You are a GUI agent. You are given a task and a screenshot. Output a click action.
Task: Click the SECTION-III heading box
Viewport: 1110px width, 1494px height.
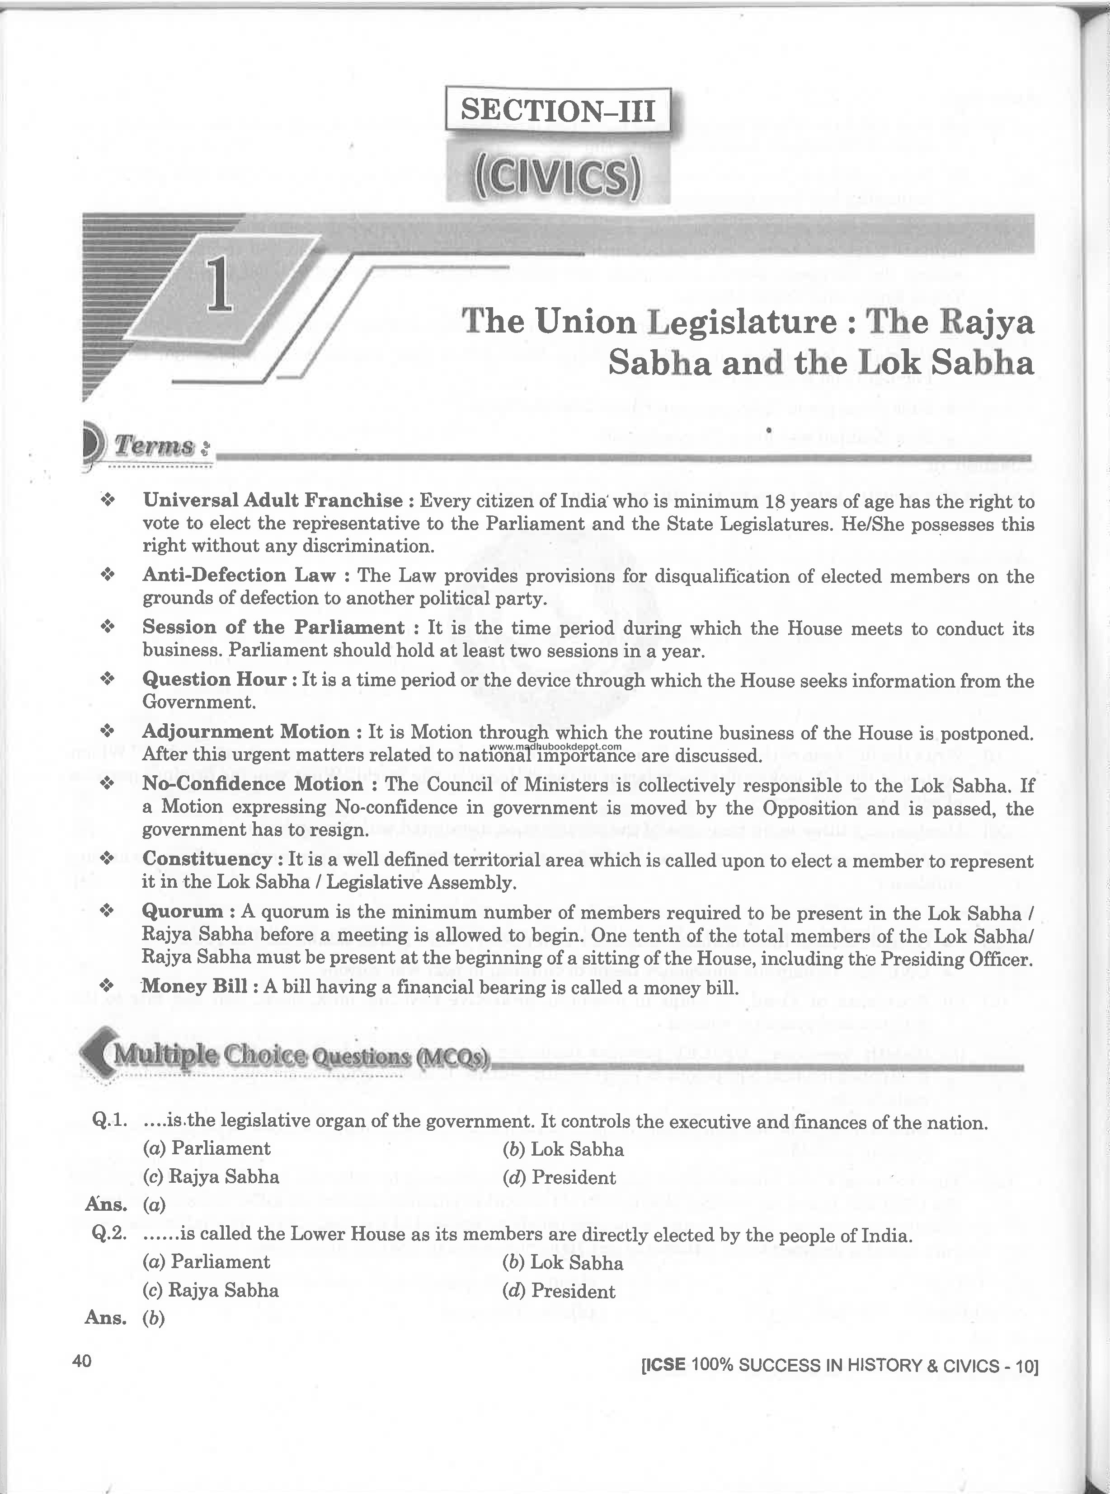point(558,109)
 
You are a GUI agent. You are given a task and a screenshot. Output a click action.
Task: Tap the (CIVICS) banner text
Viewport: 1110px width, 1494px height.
point(558,178)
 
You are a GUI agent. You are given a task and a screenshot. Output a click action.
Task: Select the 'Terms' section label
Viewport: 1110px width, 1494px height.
point(161,445)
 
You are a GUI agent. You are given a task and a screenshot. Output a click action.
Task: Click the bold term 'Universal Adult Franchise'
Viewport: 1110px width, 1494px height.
point(272,501)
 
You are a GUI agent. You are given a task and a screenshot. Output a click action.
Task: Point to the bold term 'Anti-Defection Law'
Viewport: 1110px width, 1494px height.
point(239,576)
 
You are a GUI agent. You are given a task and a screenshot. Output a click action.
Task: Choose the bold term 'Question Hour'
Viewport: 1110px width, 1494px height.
point(214,679)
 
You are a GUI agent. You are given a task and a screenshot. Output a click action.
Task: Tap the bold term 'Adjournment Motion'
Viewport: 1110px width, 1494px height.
point(245,732)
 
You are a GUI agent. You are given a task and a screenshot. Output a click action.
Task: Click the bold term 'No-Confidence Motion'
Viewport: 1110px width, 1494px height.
point(252,784)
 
